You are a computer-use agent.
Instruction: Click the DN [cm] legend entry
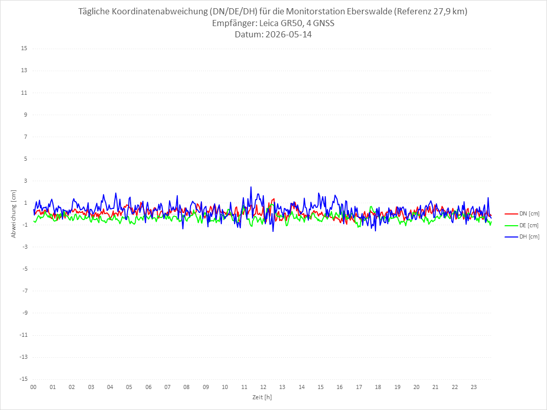click(522, 214)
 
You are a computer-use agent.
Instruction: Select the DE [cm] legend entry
click(522, 225)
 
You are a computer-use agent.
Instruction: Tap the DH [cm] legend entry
click(522, 236)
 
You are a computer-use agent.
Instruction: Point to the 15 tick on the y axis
click(24, 49)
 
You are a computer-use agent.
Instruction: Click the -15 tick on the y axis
click(23, 379)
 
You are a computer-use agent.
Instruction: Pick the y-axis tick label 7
click(26, 137)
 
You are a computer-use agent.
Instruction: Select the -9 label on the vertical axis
click(25, 313)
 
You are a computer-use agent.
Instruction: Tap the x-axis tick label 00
click(33, 387)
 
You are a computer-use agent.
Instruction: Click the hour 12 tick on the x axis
click(263, 387)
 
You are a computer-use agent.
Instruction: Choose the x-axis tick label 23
click(474, 387)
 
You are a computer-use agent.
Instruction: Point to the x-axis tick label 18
click(378, 387)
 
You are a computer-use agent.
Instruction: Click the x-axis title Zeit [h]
click(262, 397)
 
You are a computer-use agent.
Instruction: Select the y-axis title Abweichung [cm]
click(14, 214)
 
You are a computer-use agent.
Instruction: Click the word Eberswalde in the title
click(369, 11)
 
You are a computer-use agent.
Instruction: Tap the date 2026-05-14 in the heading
click(288, 34)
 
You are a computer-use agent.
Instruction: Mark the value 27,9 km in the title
click(449, 11)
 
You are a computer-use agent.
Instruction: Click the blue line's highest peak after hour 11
click(251, 187)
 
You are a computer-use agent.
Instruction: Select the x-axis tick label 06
click(148, 387)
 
